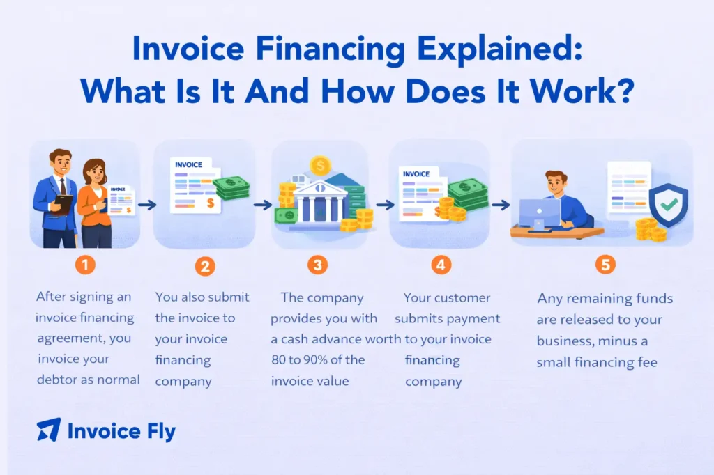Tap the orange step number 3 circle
pos(318,265)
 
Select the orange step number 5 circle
pos(605,265)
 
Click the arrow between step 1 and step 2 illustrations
pos(146,205)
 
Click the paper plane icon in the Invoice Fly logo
pos(48,430)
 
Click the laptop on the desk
pos(540,215)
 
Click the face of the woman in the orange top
pos(94,171)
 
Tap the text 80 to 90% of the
pos(317,359)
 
